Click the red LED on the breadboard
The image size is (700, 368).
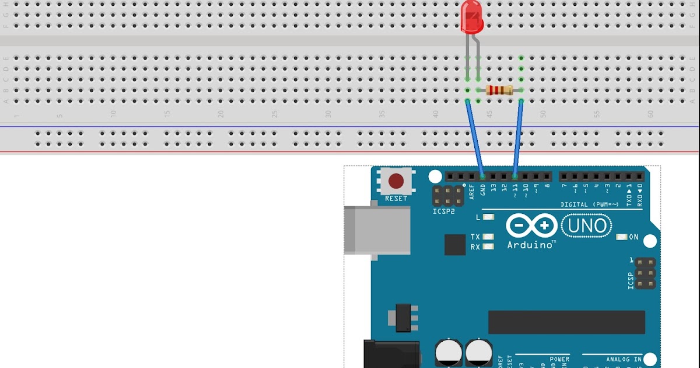click(x=471, y=17)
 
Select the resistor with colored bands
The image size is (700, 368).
click(x=499, y=90)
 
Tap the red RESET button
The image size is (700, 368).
click(x=396, y=180)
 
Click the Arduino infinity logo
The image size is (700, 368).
click(x=531, y=225)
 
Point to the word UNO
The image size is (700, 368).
click(x=586, y=225)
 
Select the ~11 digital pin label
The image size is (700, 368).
click(x=515, y=190)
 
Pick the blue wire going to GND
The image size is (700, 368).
click(x=475, y=138)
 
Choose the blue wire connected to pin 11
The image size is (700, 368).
click(x=517, y=138)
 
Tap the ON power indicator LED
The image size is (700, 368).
click(x=622, y=237)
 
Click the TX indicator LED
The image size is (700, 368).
click(x=488, y=237)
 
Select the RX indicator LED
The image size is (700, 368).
click(x=488, y=247)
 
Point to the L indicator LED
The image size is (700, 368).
click(x=488, y=217)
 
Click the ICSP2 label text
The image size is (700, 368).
click(x=443, y=211)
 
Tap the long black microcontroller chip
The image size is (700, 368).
click(x=566, y=322)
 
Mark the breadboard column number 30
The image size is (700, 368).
click(x=328, y=114)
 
